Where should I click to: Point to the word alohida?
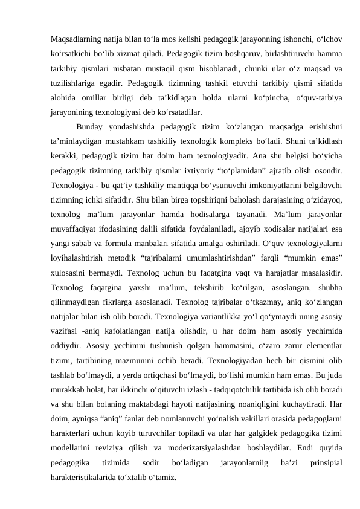click(x=63, y=97)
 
